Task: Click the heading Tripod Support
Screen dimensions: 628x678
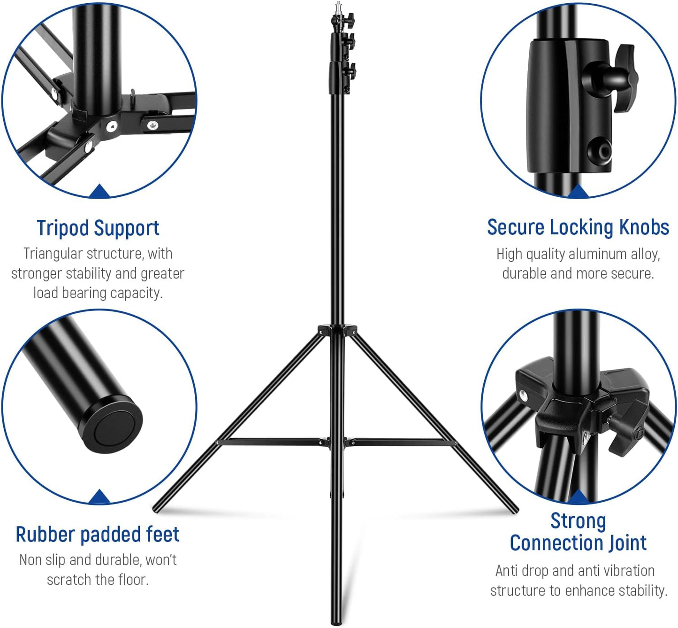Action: click(x=98, y=228)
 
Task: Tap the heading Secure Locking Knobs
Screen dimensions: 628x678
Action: click(x=578, y=227)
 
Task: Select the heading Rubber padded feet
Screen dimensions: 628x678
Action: click(x=98, y=535)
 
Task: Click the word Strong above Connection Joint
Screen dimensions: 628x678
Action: click(x=578, y=521)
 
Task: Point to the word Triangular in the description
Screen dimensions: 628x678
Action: click(x=53, y=254)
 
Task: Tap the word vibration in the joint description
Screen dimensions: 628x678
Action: click(x=629, y=571)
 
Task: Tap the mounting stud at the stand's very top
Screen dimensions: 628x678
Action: click(x=337, y=8)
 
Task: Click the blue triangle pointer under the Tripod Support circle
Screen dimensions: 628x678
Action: click(x=99, y=191)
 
